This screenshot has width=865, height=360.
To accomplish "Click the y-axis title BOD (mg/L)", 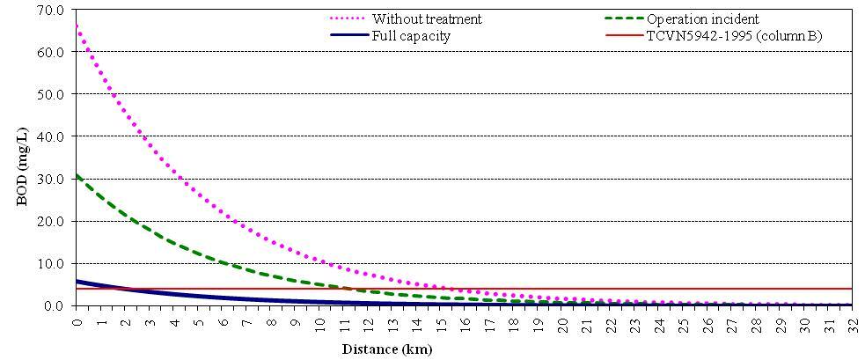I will click(x=24, y=158).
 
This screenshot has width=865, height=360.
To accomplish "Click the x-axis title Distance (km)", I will click(x=387, y=349).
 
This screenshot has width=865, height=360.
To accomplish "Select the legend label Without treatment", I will click(x=426, y=18).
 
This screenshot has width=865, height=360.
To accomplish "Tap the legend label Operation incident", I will click(x=702, y=18).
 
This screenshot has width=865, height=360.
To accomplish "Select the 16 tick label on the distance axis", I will click(x=465, y=322).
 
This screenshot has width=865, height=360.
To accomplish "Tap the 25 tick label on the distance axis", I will click(x=684, y=322).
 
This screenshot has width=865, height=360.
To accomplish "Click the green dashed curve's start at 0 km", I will click(x=77, y=175).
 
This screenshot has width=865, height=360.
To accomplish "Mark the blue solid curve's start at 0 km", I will click(x=77, y=281).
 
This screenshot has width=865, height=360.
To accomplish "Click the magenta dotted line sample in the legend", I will click(x=347, y=18).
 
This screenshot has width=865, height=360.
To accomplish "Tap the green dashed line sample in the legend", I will click(x=623, y=18).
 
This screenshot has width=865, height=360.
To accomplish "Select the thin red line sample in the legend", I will click(x=623, y=35).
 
